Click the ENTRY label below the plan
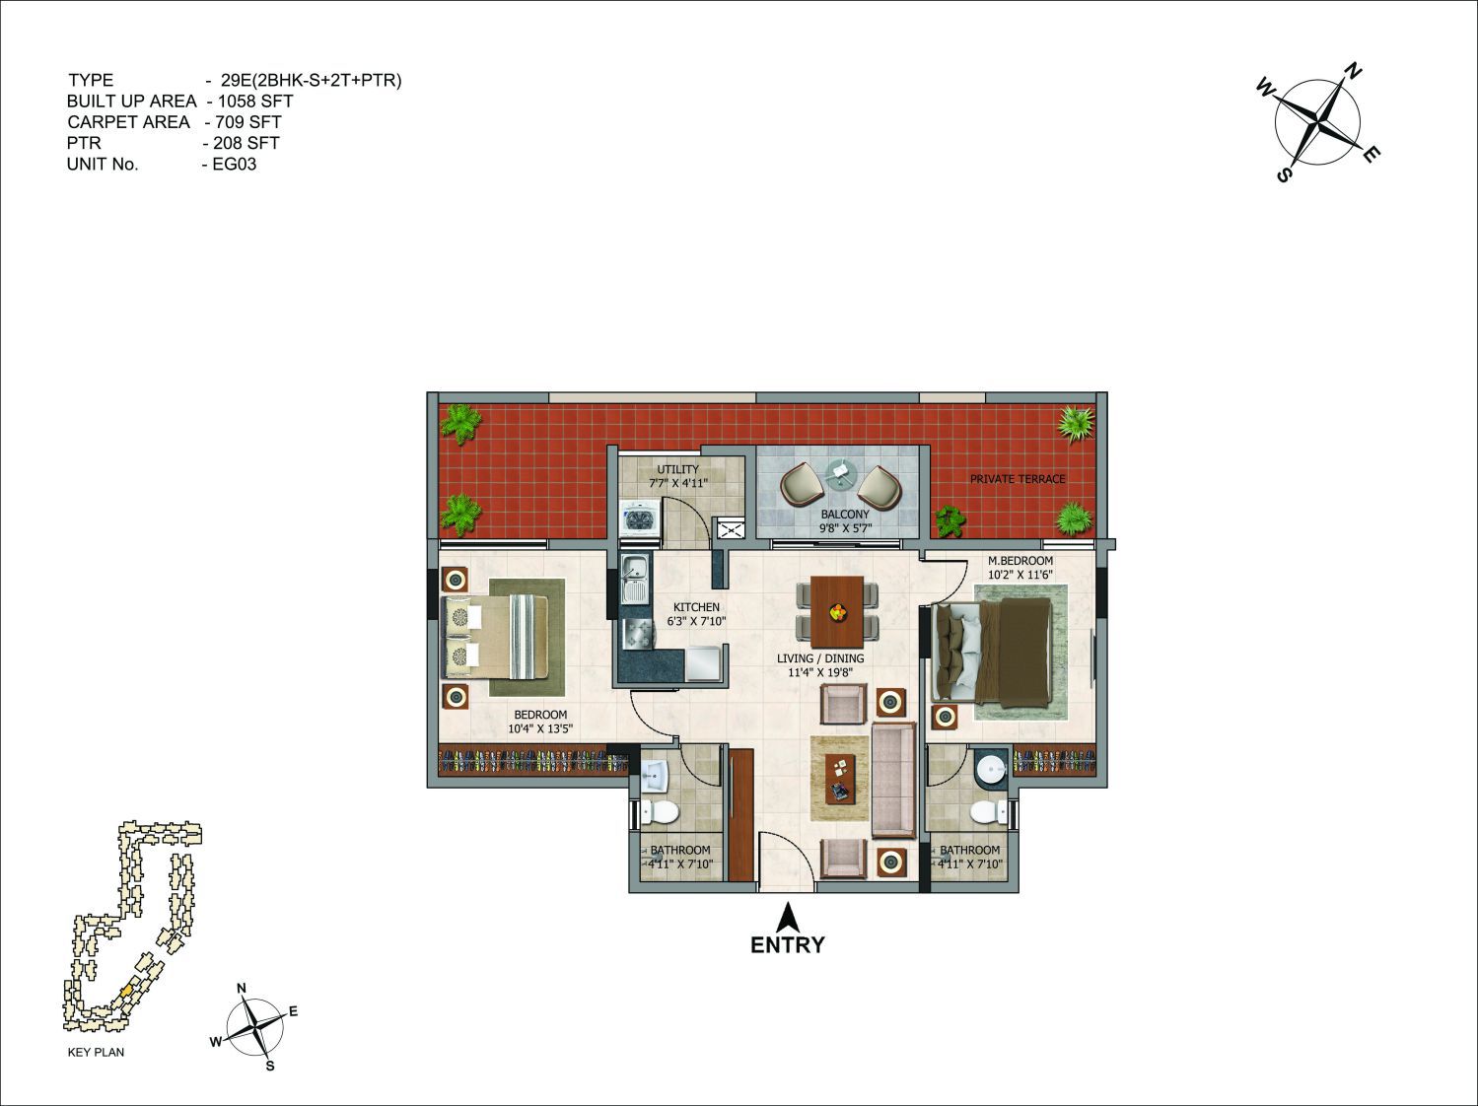pyautogui.click(x=787, y=945)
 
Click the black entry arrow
pyautogui.click(x=788, y=918)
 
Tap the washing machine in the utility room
pyautogui.click(x=640, y=518)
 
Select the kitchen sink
pyautogui.click(x=634, y=580)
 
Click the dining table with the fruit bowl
pyautogui.click(x=837, y=611)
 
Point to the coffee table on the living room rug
pyautogui.click(x=840, y=778)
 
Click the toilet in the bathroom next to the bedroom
pyautogui.click(x=658, y=812)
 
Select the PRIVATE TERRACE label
pyautogui.click(x=1018, y=479)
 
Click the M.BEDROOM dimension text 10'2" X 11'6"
pyautogui.click(x=1020, y=575)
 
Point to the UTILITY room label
pyautogui.click(x=678, y=469)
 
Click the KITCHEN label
pyautogui.click(x=696, y=607)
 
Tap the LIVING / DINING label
pyautogui.click(x=820, y=658)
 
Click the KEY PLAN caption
pyautogui.click(x=97, y=1052)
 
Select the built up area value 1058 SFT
pyautogui.click(x=255, y=102)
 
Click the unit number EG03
pyautogui.click(x=235, y=165)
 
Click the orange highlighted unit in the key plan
pyautogui.click(x=125, y=992)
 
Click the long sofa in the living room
pyautogui.click(x=893, y=780)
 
